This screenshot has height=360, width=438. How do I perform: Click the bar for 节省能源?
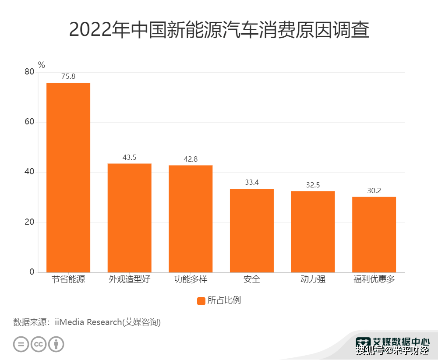tap(68, 177)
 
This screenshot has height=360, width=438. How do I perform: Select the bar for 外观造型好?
tap(130, 218)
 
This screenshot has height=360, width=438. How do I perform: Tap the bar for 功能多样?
tap(191, 219)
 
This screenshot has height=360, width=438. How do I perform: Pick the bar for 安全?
tap(252, 230)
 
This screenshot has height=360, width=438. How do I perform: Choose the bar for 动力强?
tap(313, 232)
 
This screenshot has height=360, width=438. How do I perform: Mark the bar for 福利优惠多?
tap(374, 234)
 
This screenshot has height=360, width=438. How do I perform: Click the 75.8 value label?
tap(68, 76)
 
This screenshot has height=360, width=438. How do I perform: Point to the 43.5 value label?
tap(130, 157)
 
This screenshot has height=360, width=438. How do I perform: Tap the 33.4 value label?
tap(252, 182)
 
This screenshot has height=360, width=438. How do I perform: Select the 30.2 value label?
tap(374, 191)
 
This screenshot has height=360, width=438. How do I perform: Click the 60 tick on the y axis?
tap(29, 122)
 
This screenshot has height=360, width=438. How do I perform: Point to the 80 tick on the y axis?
tap(29, 72)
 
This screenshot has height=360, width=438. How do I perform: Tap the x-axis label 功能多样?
tap(191, 279)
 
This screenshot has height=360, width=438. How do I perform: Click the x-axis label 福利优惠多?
tap(374, 279)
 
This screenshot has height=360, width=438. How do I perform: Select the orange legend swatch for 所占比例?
tap(201, 301)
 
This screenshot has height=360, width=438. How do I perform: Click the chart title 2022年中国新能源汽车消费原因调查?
tap(219, 30)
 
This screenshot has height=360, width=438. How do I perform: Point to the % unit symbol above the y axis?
tap(41, 65)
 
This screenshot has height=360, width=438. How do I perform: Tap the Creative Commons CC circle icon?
tap(39, 344)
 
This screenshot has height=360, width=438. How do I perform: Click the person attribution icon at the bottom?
tap(56, 344)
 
